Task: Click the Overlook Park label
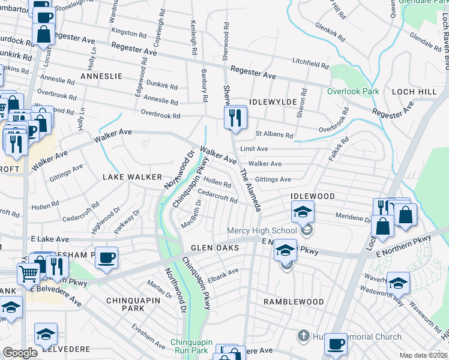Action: point(353,91)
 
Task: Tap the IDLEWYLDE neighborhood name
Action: point(273,103)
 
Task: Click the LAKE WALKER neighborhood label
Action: point(132,177)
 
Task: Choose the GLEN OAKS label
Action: point(215,248)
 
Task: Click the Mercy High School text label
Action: point(262,230)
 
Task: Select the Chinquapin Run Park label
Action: point(190,346)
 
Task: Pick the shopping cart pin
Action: point(28,274)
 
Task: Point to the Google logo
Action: point(20,353)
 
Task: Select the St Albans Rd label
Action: point(274,135)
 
